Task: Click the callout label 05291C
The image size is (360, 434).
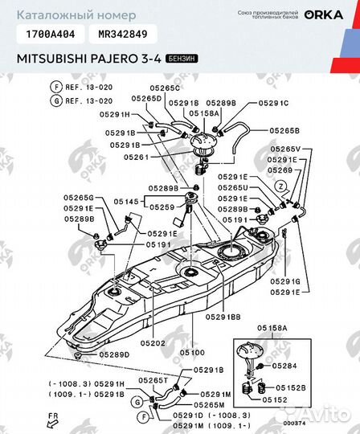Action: (273, 104)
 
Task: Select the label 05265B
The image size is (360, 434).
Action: (284, 130)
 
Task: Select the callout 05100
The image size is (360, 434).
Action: (191, 353)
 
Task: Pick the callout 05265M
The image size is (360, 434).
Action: (208, 405)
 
